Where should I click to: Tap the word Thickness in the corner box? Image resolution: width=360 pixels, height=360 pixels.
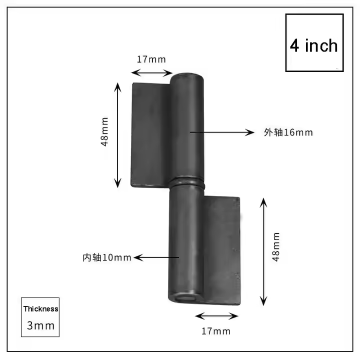(41, 309)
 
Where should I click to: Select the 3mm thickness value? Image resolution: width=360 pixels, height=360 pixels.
(41, 325)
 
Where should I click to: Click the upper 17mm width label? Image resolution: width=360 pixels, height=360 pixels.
(151, 59)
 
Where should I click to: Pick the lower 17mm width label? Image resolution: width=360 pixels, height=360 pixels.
(216, 330)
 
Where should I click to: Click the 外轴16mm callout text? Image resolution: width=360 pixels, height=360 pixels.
(288, 132)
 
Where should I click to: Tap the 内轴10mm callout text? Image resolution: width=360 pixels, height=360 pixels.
(107, 257)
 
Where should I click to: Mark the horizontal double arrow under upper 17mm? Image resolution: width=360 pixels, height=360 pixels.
(151, 73)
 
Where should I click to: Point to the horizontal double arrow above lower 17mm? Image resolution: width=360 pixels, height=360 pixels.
(216, 316)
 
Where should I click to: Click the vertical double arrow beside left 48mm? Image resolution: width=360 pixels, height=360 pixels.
(118, 134)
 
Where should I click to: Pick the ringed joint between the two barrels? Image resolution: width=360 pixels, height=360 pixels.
(187, 180)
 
